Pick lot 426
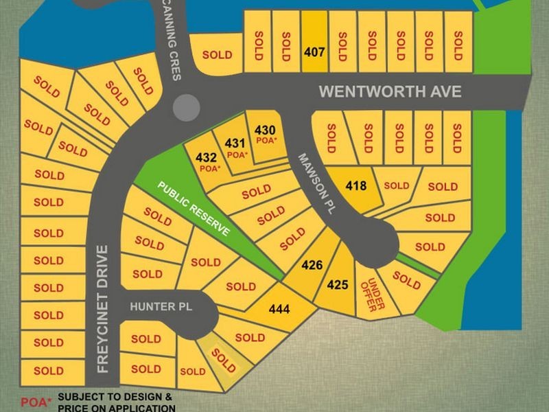click(312, 264)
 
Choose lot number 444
click(279, 309)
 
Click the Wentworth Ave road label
click(390, 92)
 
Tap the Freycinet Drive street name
click(103, 309)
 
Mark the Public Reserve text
click(194, 209)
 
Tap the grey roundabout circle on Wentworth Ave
click(186, 107)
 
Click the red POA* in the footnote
click(36, 402)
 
